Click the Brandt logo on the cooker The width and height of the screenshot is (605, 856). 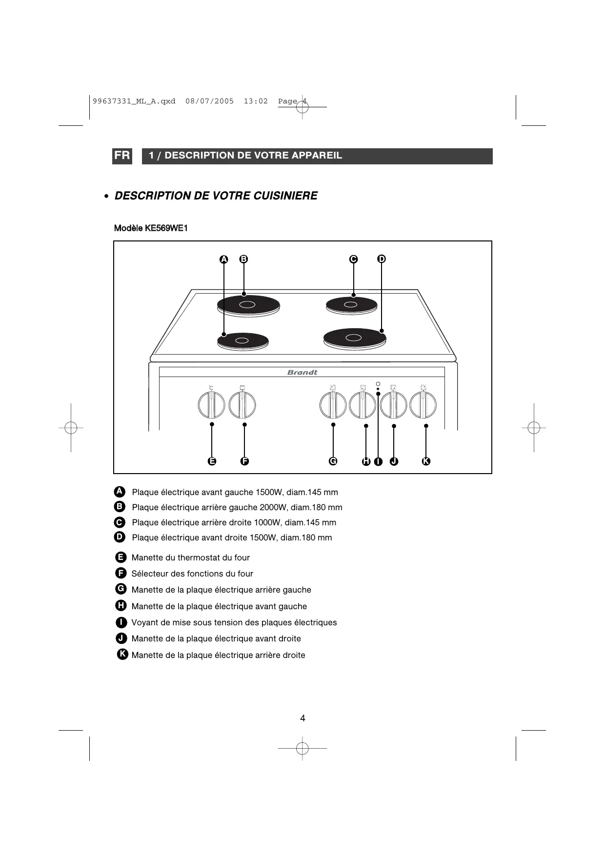(x=302, y=372)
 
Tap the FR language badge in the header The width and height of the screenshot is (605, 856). (x=122, y=156)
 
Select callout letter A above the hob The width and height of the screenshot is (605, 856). (x=223, y=259)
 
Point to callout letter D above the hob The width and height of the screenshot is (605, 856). (x=382, y=259)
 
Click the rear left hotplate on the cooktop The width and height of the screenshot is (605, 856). (x=248, y=305)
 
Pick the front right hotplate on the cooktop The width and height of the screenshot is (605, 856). (x=354, y=337)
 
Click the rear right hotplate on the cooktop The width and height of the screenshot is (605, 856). (x=351, y=305)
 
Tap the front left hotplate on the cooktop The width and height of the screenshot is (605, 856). (x=242, y=341)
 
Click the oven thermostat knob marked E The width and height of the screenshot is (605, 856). (x=211, y=405)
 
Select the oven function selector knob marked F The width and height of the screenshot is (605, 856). (x=242, y=405)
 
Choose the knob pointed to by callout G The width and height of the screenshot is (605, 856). (x=333, y=406)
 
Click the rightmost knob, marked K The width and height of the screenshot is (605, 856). (x=423, y=405)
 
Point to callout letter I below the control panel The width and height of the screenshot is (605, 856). (x=378, y=461)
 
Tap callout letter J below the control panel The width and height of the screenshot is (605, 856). (x=394, y=461)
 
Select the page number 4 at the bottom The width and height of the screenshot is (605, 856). (x=302, y=718)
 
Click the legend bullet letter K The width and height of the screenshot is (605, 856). (x=123, y=655)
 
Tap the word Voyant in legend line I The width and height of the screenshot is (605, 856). (x=145, y=622)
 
